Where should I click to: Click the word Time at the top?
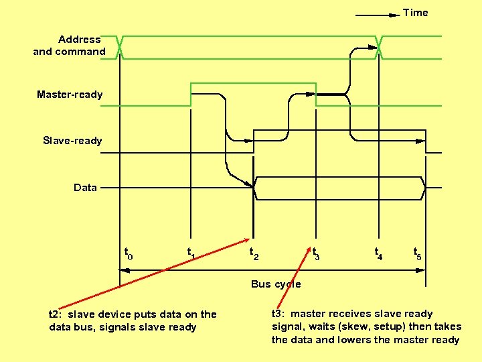coord(415,13)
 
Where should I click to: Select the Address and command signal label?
coord(70,46)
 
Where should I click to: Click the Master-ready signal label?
coord(70,95)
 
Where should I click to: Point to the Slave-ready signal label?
coord(72,141)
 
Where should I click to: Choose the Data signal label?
coord(85,188)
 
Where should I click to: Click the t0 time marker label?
coord(129,253)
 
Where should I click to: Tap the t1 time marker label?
coord(191,253)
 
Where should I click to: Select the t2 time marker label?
coord(254,253)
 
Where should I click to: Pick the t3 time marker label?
coord(316,253)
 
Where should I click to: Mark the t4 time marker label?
coord(379,253)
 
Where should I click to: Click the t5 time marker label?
coord(418,253)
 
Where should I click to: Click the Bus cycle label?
coord(276,284)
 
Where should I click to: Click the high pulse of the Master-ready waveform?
coord(253,84)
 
